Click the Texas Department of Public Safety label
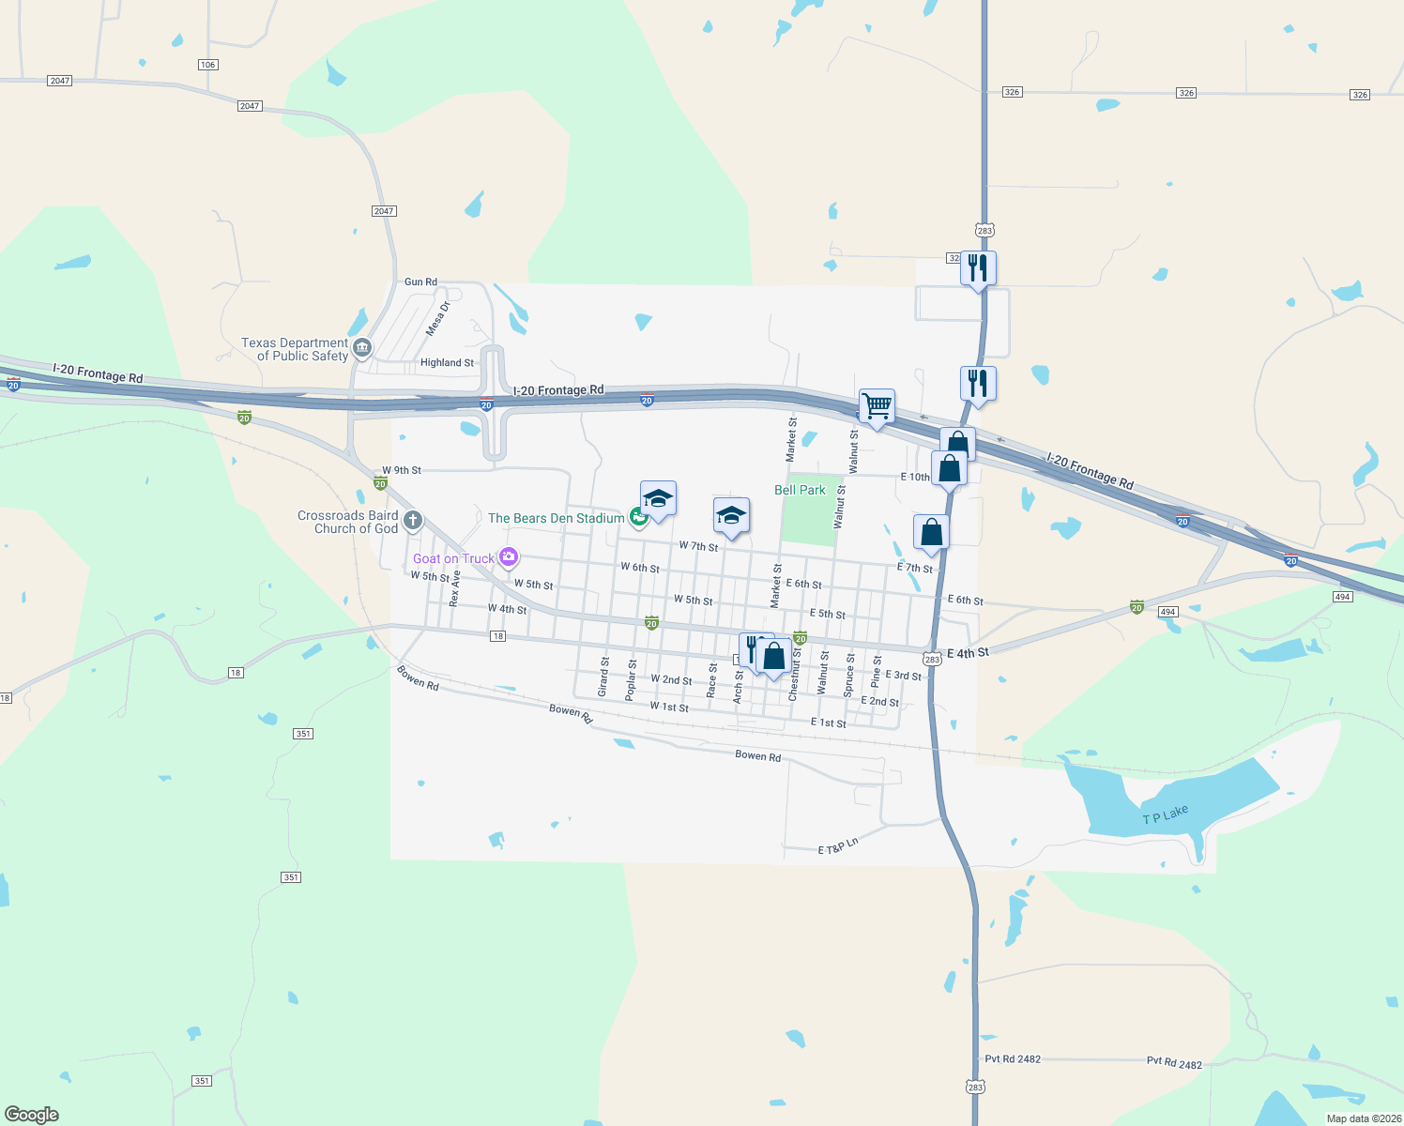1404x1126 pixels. (295, 349)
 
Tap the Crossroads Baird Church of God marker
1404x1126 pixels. (412, 521)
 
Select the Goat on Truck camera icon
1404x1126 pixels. (509, 558)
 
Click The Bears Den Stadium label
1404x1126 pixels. (556, 518)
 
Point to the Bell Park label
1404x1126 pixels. (800, 490)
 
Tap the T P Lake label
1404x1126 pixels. (1165, 815)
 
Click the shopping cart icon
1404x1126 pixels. (877, 407)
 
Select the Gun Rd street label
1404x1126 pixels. (420, 281)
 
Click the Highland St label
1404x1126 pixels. (447, 362)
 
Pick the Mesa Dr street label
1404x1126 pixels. (437, 318)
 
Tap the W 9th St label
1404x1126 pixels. (402, 470)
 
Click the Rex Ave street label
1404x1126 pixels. (455, 588)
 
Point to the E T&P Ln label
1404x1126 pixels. (838, 846)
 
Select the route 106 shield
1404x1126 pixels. (208, 65)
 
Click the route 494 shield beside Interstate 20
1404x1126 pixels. (1342, 597)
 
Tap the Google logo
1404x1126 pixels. (32, 1115)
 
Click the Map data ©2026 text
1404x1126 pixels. (1364, 1118)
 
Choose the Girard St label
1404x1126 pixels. (604, 677)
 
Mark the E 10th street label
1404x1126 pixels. (915, 477)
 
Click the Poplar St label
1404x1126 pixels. (632, 679)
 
